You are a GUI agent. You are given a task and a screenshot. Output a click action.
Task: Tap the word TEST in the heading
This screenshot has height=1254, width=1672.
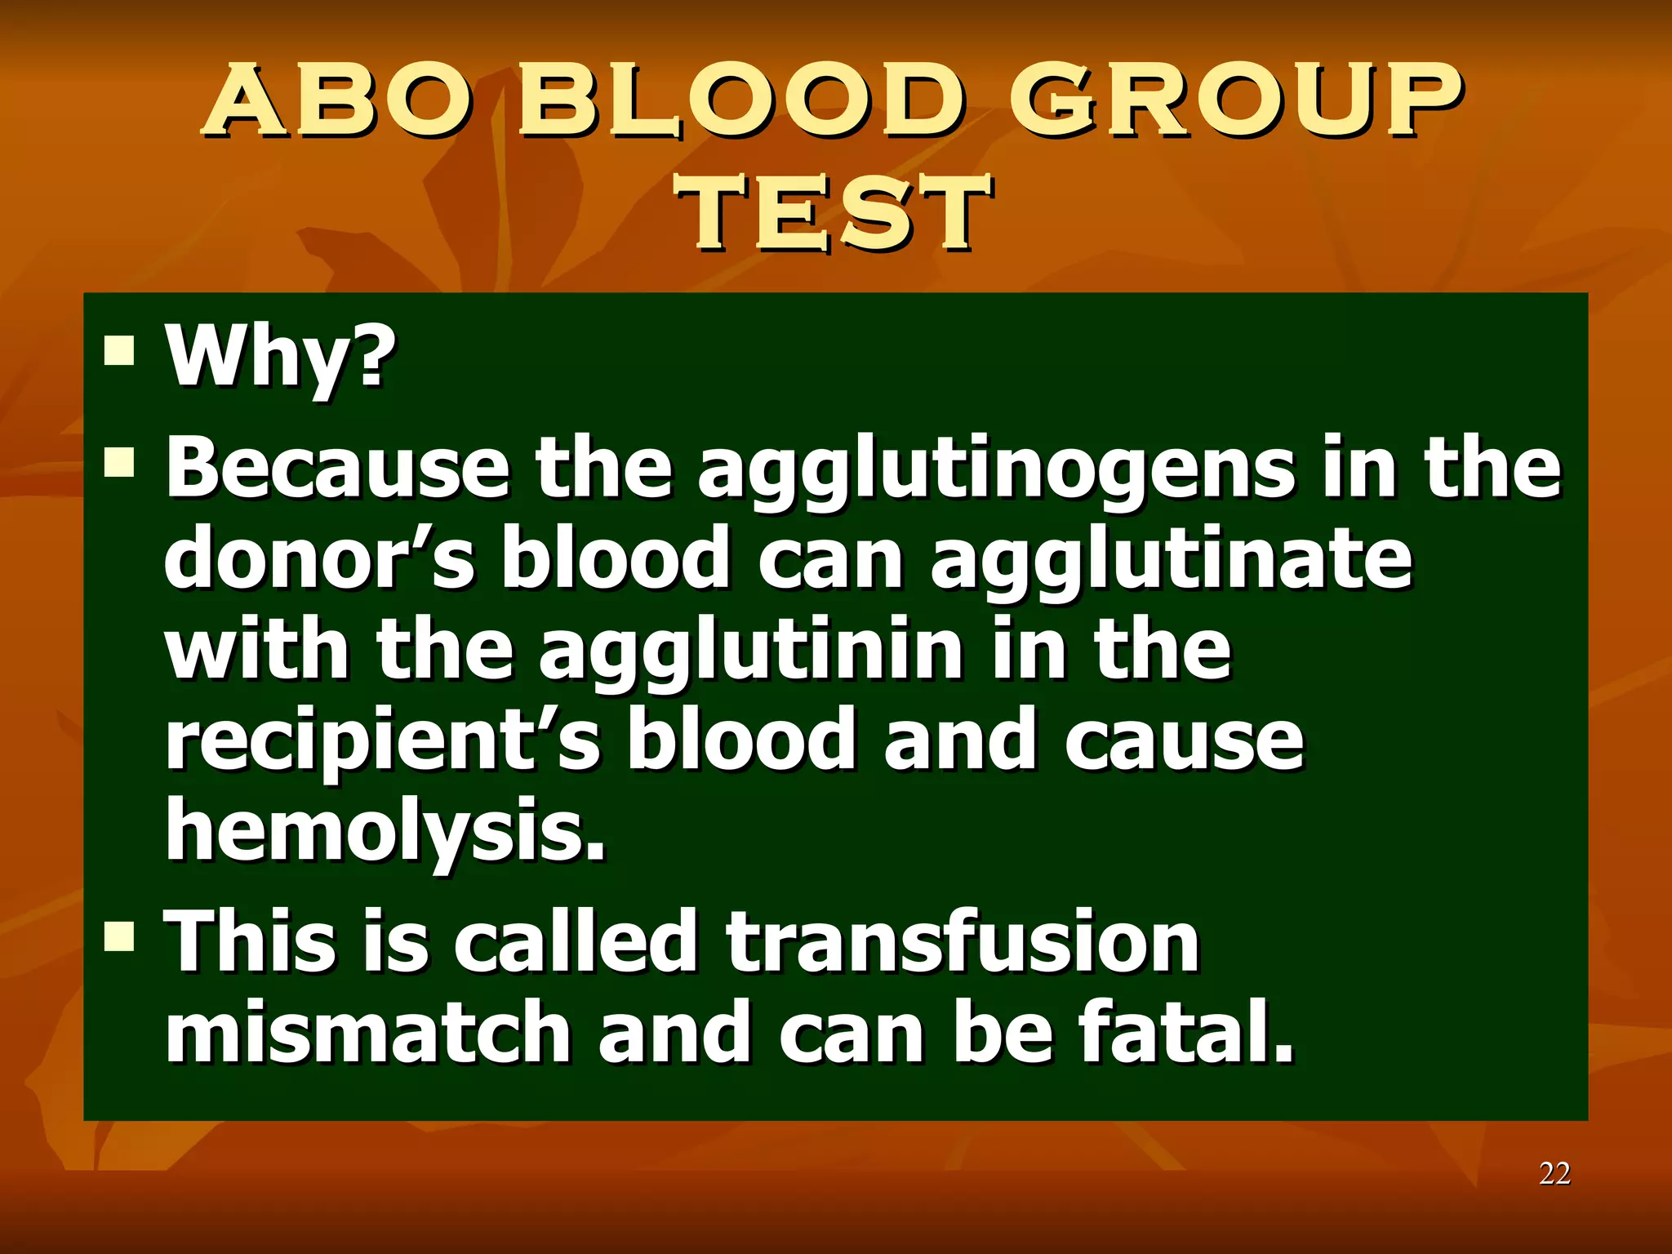[834, 213]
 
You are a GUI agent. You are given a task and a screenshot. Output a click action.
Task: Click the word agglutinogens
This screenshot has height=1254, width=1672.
[996, 472]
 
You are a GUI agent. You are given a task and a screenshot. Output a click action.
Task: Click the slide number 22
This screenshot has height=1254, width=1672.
[1554, 1173]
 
